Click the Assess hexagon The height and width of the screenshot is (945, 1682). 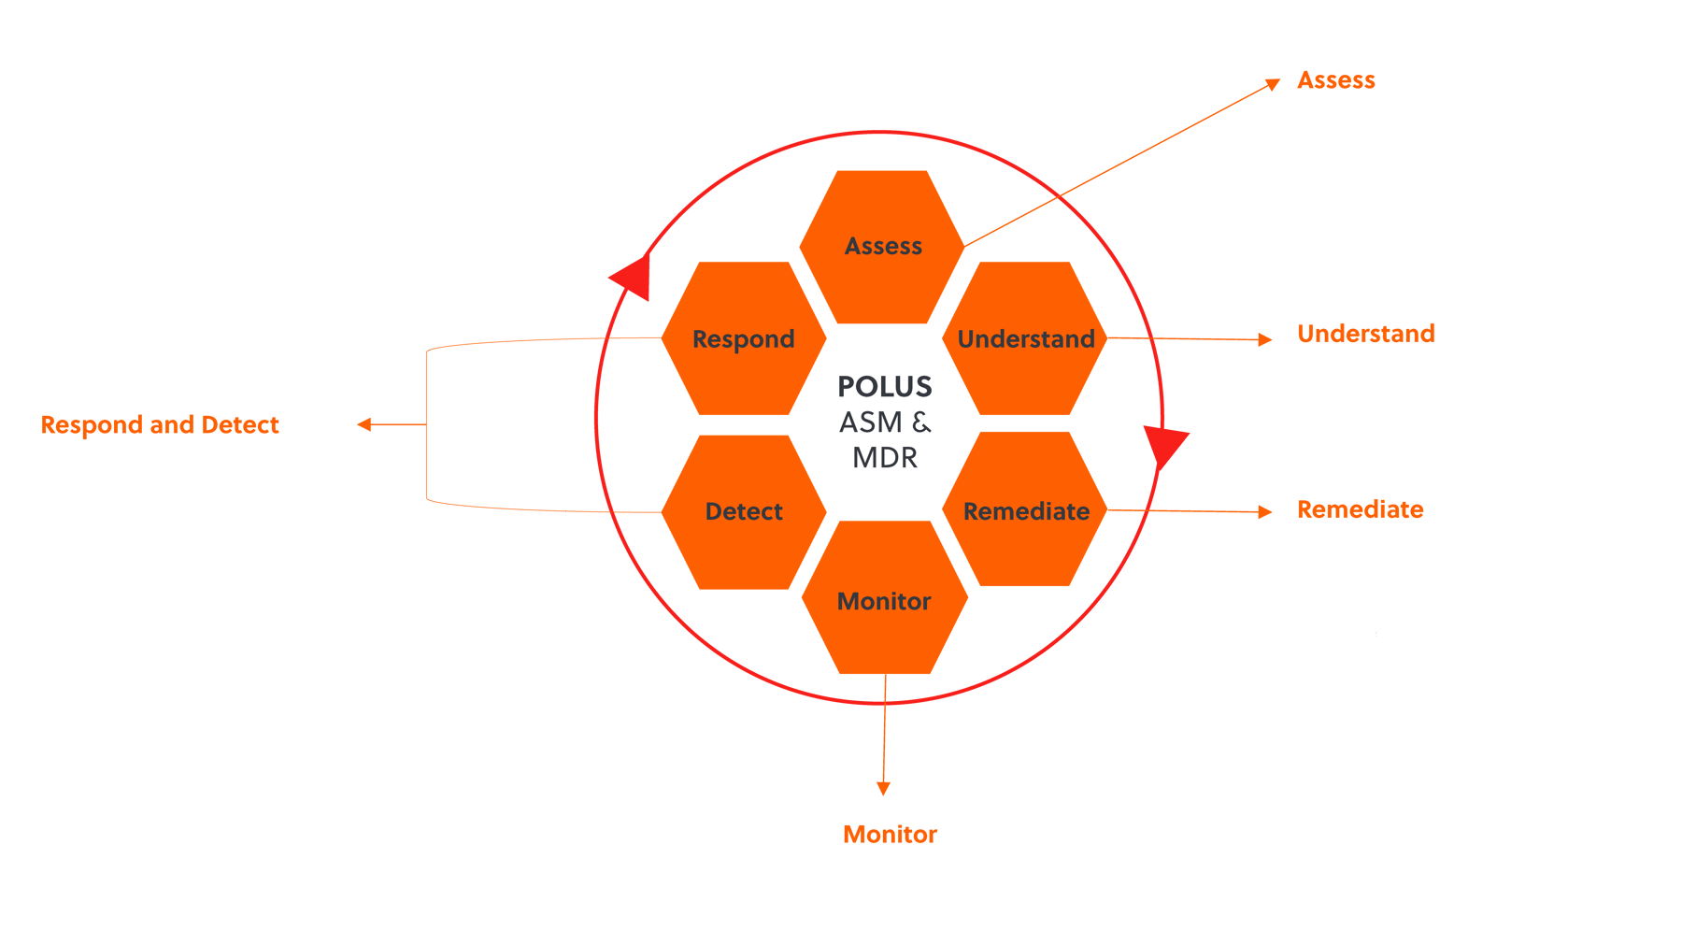coord(883,247)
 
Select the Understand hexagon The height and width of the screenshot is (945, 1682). coord(1025,339)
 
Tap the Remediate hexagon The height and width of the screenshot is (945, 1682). coord(1025,511)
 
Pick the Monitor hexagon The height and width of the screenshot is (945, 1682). coord(884,601)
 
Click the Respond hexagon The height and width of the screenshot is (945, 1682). coord(744,339)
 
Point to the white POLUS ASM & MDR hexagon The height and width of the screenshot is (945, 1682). coord(885,422)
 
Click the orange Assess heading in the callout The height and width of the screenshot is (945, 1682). coord(1335,80)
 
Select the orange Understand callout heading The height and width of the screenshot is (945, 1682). coord(1365,334)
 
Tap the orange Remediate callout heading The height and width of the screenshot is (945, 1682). coord(1360,509)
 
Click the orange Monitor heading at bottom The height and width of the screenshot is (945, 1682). coord(890,834)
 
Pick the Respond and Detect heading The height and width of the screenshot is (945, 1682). coord(160,425)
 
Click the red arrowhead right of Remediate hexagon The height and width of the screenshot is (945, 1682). coord(1164,448)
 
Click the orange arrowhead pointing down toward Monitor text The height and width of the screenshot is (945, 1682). coord(884,788)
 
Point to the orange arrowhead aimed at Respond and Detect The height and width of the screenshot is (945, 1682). coord(364,424)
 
